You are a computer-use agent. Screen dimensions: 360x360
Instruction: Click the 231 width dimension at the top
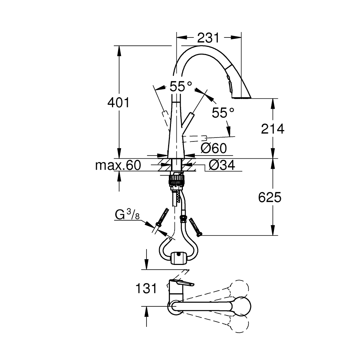click(x=208, y=38)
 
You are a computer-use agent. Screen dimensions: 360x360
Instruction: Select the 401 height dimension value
click(x=118, y=103)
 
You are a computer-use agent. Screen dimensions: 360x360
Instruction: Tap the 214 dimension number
click(x=273, y=129)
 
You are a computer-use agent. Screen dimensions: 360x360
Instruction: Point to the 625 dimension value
click(x=270, y=197)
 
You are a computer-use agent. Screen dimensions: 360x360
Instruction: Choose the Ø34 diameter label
click(x=222, y=165)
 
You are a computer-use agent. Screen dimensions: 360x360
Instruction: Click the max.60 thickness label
click(x=118, y=165)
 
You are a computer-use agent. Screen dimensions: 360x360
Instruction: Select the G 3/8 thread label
click(x=127, y=215)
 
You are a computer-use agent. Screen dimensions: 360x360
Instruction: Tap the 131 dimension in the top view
click(x=146, y=288)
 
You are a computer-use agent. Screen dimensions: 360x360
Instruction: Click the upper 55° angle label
click(x=181, y=86)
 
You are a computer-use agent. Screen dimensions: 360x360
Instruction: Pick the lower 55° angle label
click(x=223, y=113)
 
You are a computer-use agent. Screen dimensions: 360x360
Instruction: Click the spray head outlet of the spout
click(x=242, y=97)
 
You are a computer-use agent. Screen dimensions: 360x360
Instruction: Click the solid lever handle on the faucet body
click(x=187, y=120)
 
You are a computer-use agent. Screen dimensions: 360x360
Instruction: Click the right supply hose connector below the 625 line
click(x=195, y=226)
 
